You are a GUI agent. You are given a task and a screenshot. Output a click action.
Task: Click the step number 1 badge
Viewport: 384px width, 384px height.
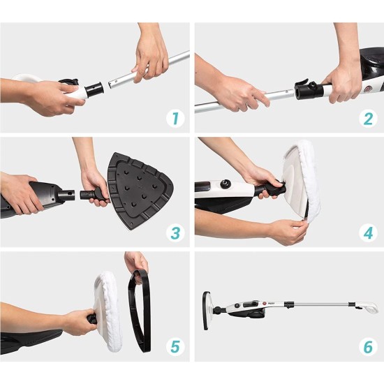pos(175,119)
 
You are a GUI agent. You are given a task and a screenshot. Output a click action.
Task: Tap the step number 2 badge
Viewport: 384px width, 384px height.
pos(368,119)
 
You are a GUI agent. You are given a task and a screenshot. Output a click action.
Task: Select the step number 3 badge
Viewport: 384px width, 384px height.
pos(175,233)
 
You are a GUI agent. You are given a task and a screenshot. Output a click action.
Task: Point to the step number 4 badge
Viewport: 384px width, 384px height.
pos(368,233)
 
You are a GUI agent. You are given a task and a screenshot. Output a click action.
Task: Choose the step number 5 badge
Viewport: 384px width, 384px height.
pos(175,347)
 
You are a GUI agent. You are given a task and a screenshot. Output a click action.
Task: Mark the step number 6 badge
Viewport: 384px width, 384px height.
pos(368,347)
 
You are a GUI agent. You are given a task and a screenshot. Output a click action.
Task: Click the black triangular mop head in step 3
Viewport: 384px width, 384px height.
pos(140,191)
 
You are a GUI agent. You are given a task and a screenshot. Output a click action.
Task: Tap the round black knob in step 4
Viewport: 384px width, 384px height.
pos(225,184)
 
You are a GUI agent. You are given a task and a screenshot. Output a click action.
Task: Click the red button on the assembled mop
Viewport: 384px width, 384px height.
pos(264,304)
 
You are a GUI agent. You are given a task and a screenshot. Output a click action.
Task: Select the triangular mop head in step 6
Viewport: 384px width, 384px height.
pos(207,311)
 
